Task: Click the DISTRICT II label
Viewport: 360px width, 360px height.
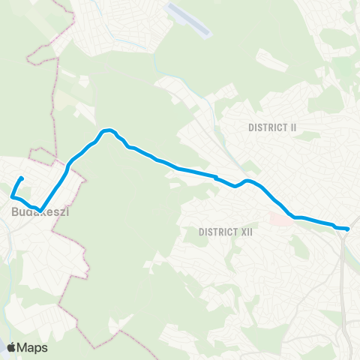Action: (272, 127)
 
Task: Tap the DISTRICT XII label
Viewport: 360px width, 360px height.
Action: (226, 232)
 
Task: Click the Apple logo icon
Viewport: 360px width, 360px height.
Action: (13, 347)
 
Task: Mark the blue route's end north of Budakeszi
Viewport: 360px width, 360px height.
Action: (22, 178)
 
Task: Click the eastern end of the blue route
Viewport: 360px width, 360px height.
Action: (348, 229)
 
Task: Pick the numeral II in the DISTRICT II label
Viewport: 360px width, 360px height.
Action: (292, 127)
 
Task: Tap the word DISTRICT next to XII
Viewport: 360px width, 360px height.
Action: (217, 232)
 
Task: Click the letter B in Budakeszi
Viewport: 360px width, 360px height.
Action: (15, 213)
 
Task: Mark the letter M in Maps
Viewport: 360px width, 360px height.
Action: (25, 347)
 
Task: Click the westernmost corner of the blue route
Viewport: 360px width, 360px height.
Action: (12, 196)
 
